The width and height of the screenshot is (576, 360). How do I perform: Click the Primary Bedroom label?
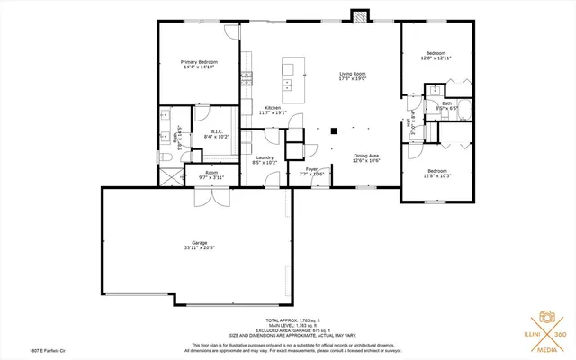200,62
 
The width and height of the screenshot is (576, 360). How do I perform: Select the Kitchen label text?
271,107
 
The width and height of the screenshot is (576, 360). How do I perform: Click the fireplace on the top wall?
359,16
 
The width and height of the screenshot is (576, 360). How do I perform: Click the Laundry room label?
264,157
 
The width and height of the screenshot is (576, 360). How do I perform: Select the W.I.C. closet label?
217,131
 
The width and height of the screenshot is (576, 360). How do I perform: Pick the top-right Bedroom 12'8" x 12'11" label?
436,54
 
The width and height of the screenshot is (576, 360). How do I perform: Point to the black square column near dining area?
333,130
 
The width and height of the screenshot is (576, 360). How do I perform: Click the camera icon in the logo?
544,319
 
